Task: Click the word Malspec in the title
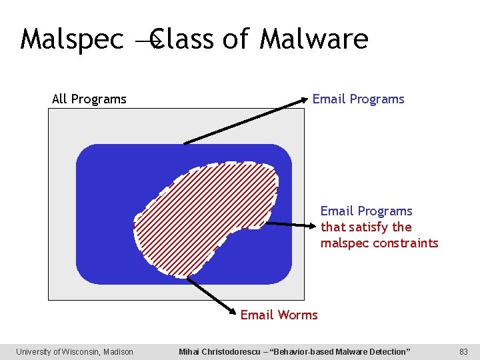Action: coord(72,39)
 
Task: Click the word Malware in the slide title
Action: coord(313,39)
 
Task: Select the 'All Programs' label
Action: coord(89,99)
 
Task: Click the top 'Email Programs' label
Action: coord(359,99)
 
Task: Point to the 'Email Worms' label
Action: coord(279,315)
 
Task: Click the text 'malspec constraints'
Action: coord(379,243)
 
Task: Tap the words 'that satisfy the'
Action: coord(366,227)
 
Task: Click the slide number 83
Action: coord(464,352)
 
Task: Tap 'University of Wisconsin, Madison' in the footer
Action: coord(75,352)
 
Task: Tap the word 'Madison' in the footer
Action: coord(118,352)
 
